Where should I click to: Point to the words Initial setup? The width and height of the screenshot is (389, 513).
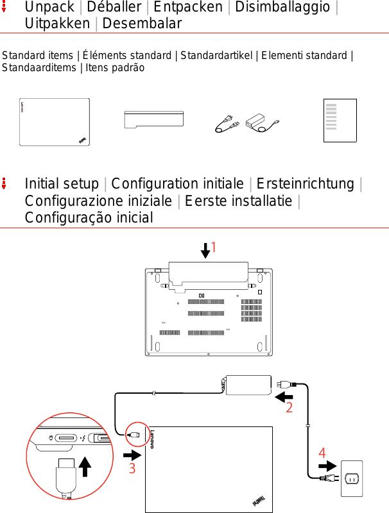pyautogui.click(x=61, y=184)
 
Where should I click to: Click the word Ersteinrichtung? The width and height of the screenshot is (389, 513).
pyautogui.click(x=306, y=184)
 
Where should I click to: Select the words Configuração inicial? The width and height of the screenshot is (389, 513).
pyautogui.click(x=89, y=217)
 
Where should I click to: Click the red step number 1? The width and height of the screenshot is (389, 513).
pyautogui.click(x=214, y=248)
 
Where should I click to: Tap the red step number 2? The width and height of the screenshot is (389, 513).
pyautogui.click(x=290, y=408)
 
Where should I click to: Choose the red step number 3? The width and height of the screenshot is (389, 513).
pyautogui.click(x=132, y=469)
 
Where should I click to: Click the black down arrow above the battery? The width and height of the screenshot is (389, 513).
pyautogui.click(x=205, y=250)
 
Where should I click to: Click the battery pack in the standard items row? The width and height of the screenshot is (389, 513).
pyautogui.click(x=154, y=121)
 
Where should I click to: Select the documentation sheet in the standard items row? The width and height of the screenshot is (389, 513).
pyautogui.click(x=340, y=121)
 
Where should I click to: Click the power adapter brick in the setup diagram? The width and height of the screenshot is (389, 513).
pyautogui.click(x=248, y=385)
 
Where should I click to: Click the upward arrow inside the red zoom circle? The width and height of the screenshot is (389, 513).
pyautogui.click(x=85, y=468)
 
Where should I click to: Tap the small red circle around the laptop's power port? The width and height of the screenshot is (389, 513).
pyautogui.click(x=135, y=434)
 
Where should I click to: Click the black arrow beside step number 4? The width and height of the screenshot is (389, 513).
pyautogui.click(x=327, y=466)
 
